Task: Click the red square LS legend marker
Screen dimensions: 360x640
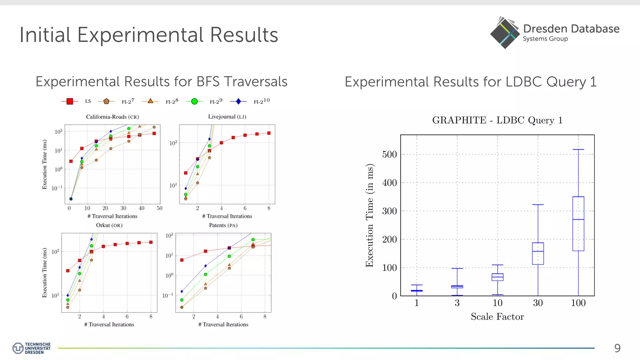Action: (x=70, y=101)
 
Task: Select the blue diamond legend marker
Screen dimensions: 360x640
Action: (x=238, y=101)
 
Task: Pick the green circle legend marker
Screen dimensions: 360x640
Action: (x=194, y=101)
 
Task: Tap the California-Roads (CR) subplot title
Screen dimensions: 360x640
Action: (x=112, y=117)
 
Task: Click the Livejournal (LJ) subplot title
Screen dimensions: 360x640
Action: (x=227, y=117)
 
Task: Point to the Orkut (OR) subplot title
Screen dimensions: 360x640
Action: (x=109, y=225)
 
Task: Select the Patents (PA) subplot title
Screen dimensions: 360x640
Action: (x=223, y=225)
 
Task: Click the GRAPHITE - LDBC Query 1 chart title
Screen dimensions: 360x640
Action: (x=497, y=120)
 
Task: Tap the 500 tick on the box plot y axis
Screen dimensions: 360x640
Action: (x=389, y=154)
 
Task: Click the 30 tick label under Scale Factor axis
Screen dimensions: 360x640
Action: (x=538, y=303)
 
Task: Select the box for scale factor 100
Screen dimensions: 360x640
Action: (x=578, y=224)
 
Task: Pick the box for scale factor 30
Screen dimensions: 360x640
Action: (x=538, y=253)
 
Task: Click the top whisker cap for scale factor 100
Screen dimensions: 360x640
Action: (x=578, y=149)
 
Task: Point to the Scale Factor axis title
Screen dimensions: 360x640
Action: (x=497, y=317)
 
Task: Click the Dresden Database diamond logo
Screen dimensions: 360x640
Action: (x=504, y=33)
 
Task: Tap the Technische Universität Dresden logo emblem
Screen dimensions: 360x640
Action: (x=18, y=348)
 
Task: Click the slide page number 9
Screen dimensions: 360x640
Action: (x=617, y=348)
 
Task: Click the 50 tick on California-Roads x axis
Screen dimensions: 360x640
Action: (x=159, y=208)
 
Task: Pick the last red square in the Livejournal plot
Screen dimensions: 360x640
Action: (x=269, y=133)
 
